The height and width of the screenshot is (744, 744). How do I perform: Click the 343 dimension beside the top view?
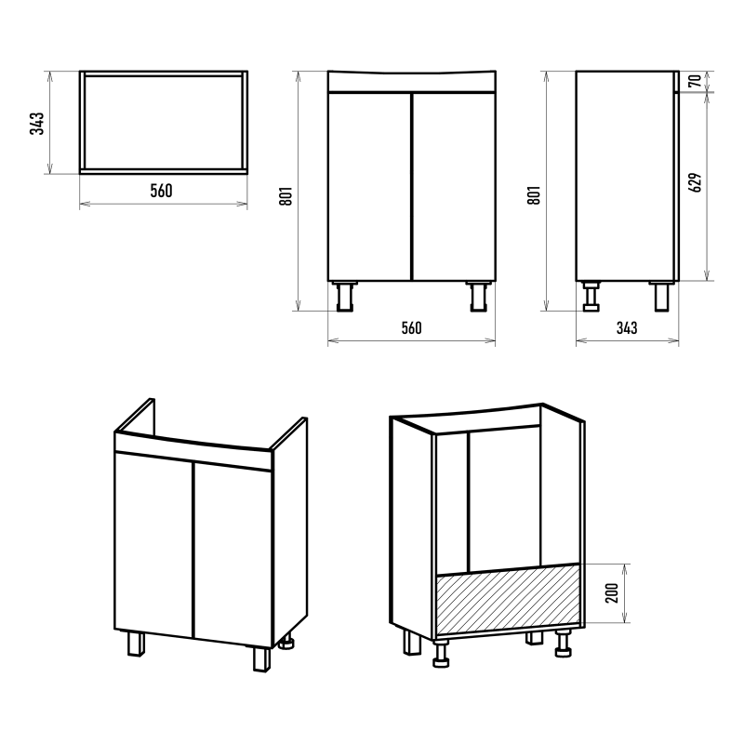[x=36, y=124]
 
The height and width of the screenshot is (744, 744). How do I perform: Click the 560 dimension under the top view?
[x=161, y=191]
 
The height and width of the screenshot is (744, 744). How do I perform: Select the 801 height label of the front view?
[x=286, y=195]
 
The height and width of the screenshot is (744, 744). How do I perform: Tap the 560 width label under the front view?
[x=411, y=328]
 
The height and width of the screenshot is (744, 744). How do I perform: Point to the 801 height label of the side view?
[x=534, y=195]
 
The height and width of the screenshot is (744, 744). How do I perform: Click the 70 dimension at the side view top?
[x=695, y=81]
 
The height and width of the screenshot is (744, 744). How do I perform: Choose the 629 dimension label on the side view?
[x=695, y=182]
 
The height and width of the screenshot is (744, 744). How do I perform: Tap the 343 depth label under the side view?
[x=627, y=328]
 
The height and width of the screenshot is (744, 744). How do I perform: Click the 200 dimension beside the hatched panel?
[x=613, y=593]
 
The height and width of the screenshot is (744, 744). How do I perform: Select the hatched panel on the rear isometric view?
[x=508, y=600]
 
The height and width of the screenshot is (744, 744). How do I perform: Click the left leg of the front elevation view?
[x=343, y=297]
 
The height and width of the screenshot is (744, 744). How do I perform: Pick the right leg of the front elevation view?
[x=479, y=297]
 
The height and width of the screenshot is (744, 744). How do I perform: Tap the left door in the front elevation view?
[x=369, y=187]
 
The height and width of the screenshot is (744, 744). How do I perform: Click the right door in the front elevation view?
[x=454, y=187]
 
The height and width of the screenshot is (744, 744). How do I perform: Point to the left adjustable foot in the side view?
[x=591, y=297]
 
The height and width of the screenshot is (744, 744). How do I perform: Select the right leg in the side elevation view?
[x=662, y=297]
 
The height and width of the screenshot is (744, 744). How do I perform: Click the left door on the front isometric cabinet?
[x=154, y=545]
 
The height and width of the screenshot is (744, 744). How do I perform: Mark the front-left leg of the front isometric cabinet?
[x=136, y=644]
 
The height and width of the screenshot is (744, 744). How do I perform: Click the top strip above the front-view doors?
[x=412, y=81]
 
